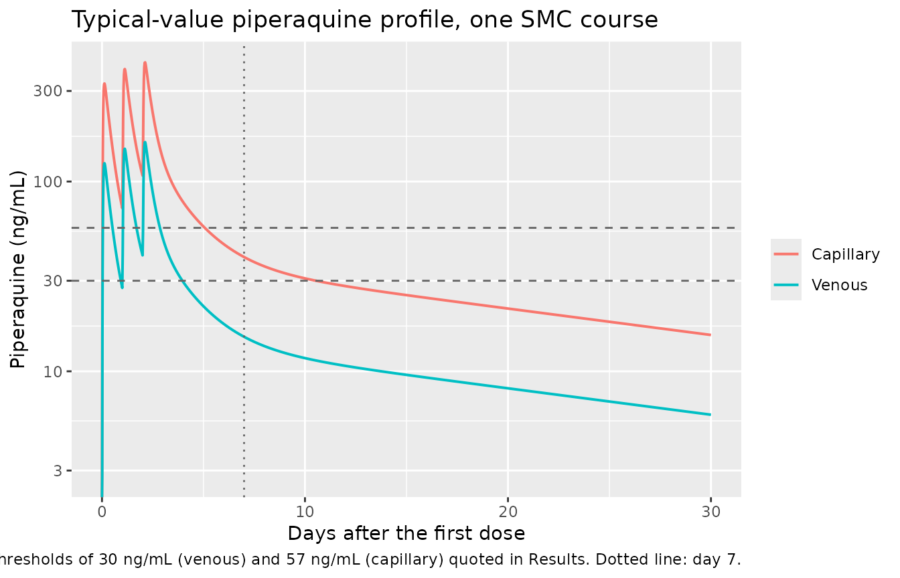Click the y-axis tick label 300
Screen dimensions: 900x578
tap(48, 91)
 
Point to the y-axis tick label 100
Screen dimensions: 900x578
tap(48, 182)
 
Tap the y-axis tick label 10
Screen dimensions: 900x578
tap(53, 372)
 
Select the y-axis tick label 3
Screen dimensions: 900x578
tap(58, 470)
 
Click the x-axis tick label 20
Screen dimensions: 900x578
tap(508, 512)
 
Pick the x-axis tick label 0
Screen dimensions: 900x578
tap(102, 512)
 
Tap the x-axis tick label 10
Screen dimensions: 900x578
tap(305, 512)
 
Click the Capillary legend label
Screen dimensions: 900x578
tap(845, 254)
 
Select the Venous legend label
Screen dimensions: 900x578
tap(839, 285)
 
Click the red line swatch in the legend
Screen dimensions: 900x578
tap(786, 254)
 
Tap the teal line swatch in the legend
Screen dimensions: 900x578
tap(786, 285)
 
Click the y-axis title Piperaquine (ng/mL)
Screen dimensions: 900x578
tap(17, 270)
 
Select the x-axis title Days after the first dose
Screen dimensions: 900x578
tap(406, 533)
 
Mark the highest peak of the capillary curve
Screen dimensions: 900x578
tap(145, 62)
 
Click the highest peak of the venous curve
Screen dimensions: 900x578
tap(145, 142)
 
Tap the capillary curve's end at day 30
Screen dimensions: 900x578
tap(710, 334)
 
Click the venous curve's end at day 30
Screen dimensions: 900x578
tap(710, 415)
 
